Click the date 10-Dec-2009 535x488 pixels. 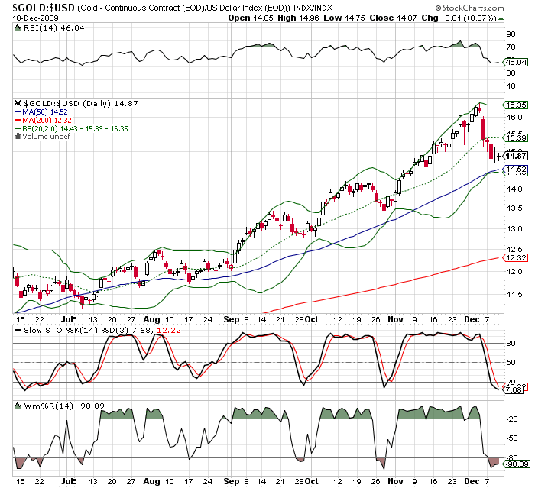coord(28,18)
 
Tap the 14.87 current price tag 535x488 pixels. coord(516,156)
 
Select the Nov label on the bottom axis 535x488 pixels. coord(394,482)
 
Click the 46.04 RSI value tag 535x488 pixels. coord(516,62)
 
